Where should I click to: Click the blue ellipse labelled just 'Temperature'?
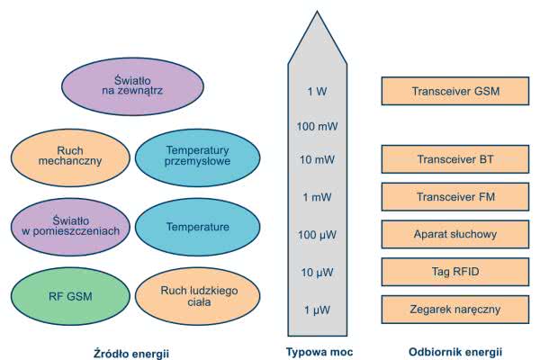(x=198, y=227)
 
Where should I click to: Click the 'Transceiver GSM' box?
(x=455, y=92)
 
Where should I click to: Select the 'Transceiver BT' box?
(x=455, y=159)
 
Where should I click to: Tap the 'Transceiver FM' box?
(x=455, y=197)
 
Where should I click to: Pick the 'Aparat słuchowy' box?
(x=455, y=234)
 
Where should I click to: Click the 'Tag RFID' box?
(x=455, y=272)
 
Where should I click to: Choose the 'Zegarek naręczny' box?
(x=455, y=310)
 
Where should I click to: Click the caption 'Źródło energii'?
(x=131, y=352)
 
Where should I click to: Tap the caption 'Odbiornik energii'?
(x=455, y=351)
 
